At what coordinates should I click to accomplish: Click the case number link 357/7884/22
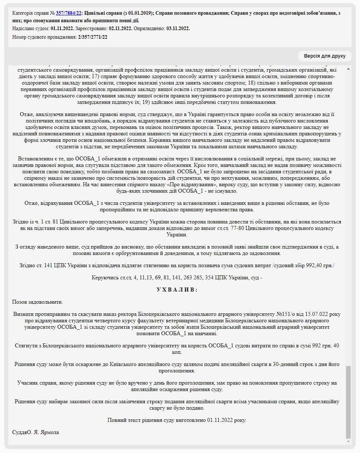68,13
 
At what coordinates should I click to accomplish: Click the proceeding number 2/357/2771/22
92,37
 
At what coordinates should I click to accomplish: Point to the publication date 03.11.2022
178,29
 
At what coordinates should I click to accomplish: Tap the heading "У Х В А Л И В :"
177,290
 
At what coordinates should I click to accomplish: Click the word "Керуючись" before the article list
104,278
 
